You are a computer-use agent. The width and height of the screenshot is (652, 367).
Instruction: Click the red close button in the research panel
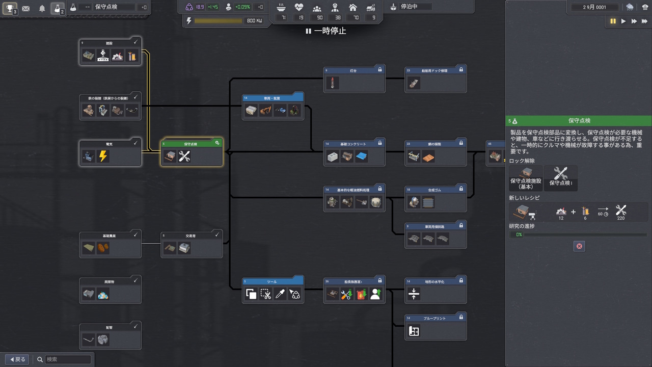(579, 246)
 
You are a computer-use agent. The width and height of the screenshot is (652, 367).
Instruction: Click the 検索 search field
(68, 359)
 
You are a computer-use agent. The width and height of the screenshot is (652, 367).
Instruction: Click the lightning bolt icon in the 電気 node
(103, 156)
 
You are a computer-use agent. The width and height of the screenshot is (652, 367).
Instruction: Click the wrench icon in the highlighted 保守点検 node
(184, 156)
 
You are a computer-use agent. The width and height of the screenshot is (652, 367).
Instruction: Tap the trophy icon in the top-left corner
(9, 8)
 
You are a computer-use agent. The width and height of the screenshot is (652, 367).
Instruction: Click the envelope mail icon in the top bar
(25, 8)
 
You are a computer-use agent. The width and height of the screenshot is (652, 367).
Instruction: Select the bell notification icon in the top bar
(42, 8)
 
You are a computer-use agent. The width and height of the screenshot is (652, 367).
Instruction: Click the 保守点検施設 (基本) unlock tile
(525, 178)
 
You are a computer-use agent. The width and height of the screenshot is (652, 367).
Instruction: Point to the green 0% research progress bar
(579, 234)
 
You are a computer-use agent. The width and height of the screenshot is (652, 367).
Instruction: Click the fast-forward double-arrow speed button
(634, 21)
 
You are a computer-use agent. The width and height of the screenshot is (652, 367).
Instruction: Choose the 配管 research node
(110, 335)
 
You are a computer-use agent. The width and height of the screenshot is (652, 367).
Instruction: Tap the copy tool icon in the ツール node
(251, 294)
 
